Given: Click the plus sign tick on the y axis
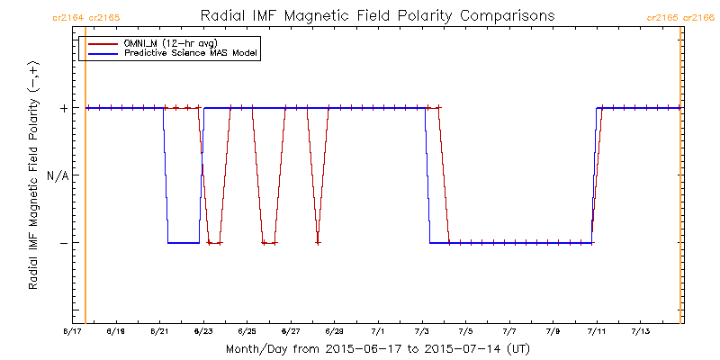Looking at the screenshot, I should (64, 108).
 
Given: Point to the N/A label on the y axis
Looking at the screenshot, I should (57, 175).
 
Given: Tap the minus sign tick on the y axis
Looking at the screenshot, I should (64, 243).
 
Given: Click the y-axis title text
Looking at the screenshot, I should (33, 175).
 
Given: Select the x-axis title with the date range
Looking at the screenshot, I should (377, 348).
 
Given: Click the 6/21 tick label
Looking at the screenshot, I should (159, 332).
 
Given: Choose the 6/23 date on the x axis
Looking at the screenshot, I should (203, 332).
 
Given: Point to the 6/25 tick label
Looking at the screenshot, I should (247, 332).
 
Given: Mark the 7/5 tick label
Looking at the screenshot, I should (466, 332).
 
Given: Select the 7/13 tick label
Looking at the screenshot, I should (640, 332).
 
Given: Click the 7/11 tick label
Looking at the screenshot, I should (597, 332).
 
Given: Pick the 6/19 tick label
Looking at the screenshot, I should (116, 332).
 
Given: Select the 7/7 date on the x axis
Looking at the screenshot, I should (509, 332).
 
